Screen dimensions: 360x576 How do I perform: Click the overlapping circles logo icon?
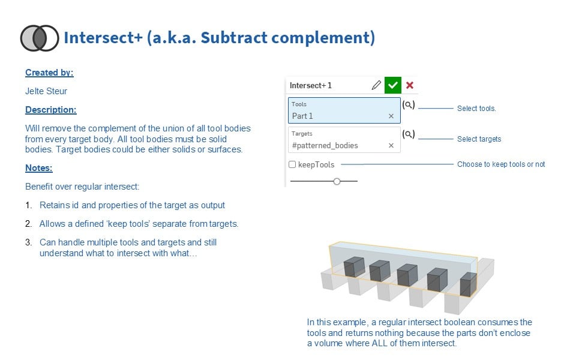coord(40,38)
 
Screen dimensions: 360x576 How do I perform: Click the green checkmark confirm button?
coord(392,85)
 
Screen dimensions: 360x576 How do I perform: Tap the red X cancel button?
coord(410,85)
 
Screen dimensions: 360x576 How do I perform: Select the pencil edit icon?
coord(376,85)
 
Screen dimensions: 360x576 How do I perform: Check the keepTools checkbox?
coord(292,164)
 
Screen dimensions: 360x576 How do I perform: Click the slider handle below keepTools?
coord(337,181)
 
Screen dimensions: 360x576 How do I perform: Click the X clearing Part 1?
coord(391,116)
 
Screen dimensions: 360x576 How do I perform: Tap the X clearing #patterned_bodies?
coord(391,145)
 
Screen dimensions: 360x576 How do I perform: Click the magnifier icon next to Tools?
coord(408,105)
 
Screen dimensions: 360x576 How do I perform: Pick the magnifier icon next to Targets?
coord(408,134)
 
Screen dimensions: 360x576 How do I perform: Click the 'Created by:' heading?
coord(49,73)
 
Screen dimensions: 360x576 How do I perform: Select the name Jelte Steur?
coord(46,91)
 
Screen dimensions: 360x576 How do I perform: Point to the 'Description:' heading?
coord(51,110)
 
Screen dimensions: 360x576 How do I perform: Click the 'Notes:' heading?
coord(39,168)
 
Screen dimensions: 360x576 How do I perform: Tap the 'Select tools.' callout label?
coord(476,109)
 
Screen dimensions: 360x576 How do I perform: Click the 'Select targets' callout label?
coord(479,139)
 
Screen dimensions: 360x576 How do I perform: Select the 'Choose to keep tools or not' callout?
coord(501,164)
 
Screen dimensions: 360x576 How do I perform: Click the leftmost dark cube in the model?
coord(353,268)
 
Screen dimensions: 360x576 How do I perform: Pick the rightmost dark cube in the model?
coord(468,283)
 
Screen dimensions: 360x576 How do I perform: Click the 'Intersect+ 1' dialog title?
coord(311,85)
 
